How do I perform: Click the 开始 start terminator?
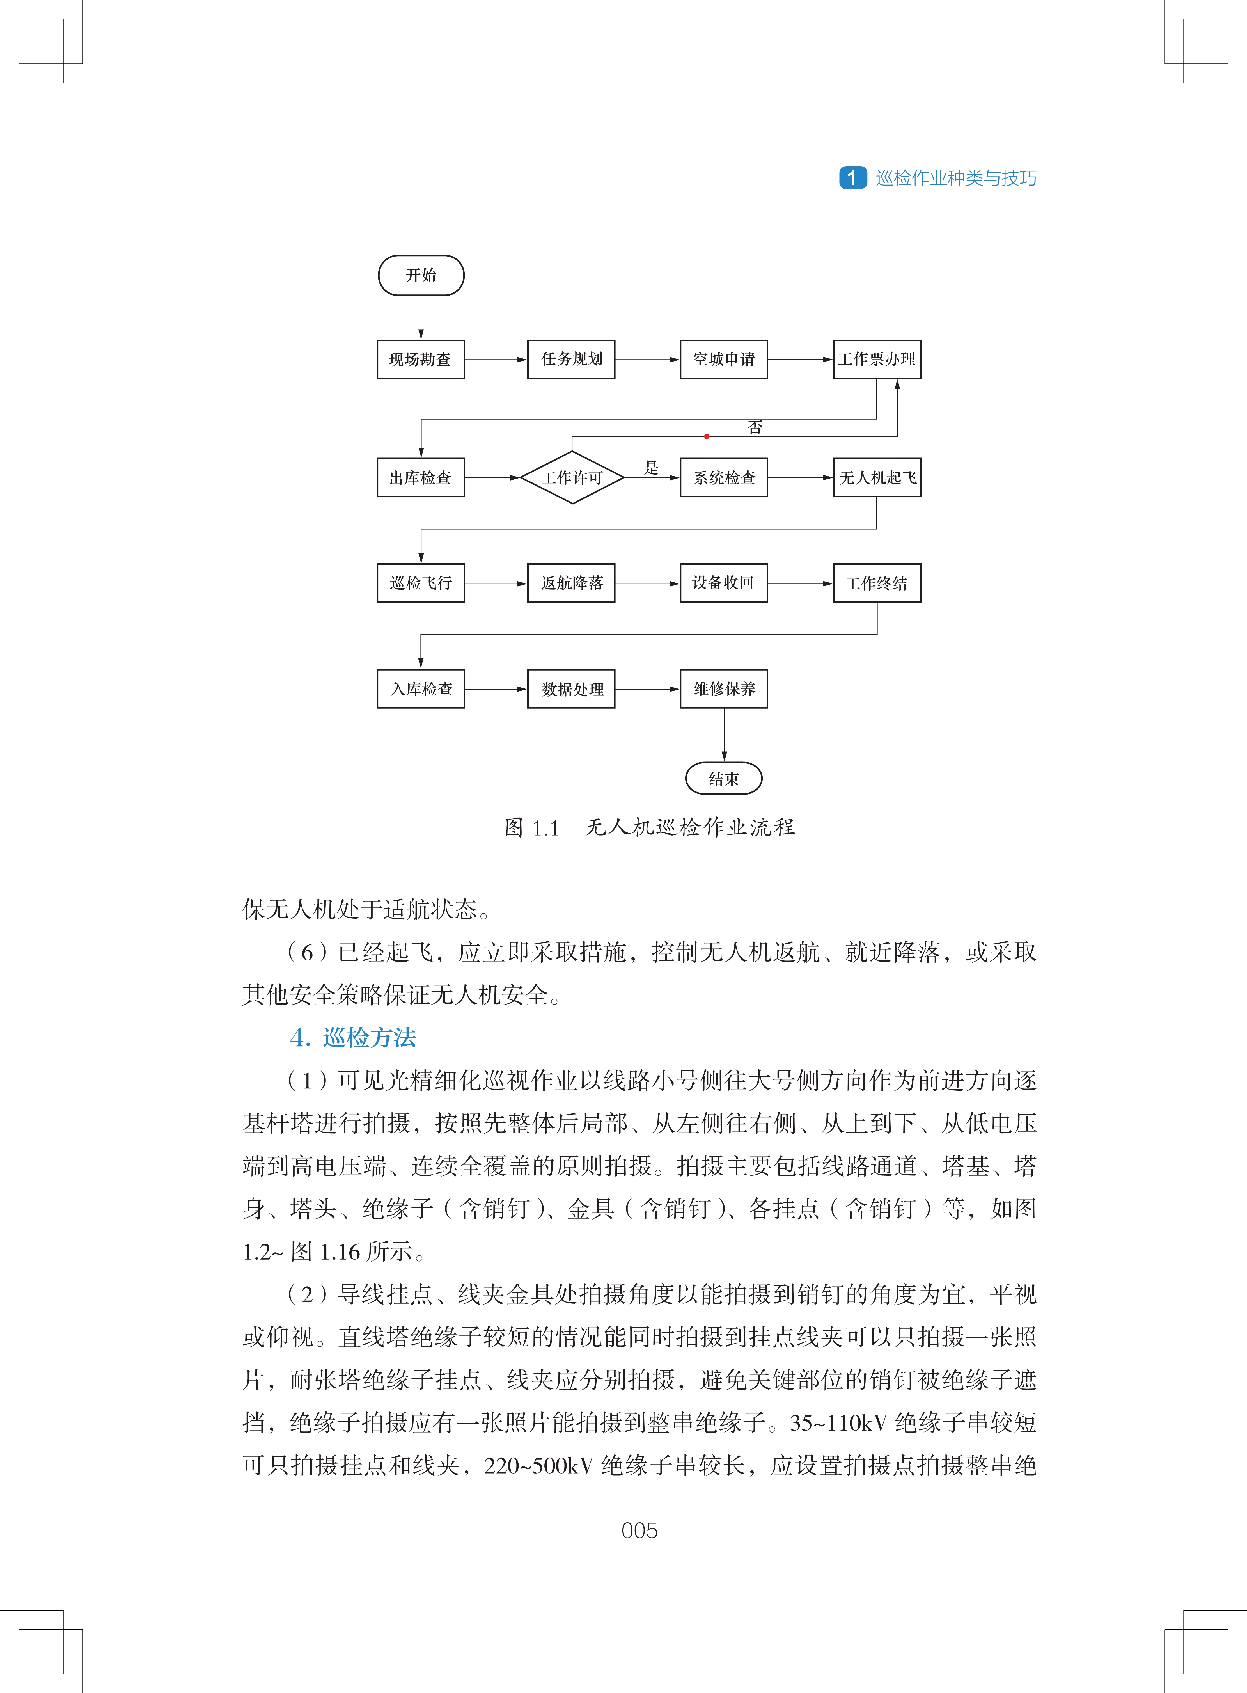[420, 275]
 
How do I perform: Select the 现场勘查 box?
[420, 360]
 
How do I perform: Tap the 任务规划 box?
[571, 360]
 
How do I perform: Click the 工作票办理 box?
[876, 360]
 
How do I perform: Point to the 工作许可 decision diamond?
[572, 477]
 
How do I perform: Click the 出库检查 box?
[420, 477]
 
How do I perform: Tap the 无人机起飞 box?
[876, 477]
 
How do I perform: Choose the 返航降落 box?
[571, 583]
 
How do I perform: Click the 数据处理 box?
[571, 689]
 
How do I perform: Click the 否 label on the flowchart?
[755, 427]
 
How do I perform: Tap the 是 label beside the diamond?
[651, 468]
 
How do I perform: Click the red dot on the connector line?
[707, 436]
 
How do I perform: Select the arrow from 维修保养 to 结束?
[724, 734]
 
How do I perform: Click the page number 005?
[639, 1531]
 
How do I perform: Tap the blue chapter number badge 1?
[852, 177]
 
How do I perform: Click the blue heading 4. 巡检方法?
[353, 1038]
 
